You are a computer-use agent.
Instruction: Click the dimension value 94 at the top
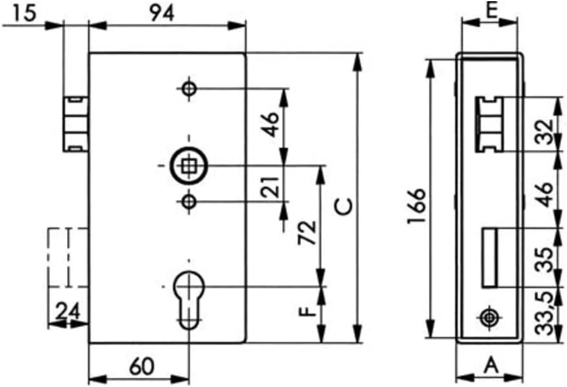point(163,13)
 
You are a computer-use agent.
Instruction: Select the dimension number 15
point(24,13)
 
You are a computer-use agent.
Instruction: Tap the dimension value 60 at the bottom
point(142,366)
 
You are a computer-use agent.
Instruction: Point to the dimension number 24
point(68,311)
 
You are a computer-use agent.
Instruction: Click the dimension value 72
point(307,232)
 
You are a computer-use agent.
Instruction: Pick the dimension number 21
point(271,187)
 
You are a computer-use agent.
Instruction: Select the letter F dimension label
point(307,311)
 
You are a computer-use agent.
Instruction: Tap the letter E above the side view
point(491,11)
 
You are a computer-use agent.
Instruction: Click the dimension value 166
point(416,206)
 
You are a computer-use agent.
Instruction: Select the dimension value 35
point(545,259)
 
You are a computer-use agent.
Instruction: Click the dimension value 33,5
point(545,313)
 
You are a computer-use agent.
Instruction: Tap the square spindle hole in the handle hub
point(188,166)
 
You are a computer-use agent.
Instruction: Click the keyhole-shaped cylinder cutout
point(189,300)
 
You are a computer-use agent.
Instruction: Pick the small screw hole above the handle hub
point(189,88)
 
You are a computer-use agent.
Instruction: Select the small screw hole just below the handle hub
point(189,202)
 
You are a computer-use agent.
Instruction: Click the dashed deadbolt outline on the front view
point(68,258)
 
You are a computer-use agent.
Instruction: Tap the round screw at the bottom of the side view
point(489,318)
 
